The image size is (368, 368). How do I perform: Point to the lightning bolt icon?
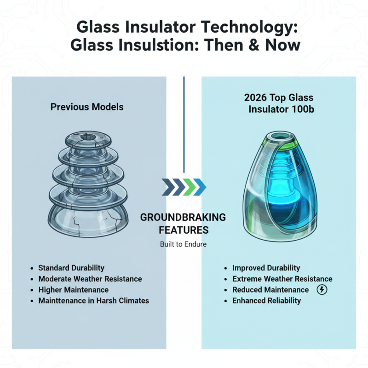(322, 290)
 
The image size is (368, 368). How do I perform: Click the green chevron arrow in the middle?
(189, 188)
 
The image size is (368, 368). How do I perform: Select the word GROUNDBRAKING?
(183, 217)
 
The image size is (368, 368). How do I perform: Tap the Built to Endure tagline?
(183, 244)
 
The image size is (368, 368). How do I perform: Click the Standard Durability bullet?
(71, 268)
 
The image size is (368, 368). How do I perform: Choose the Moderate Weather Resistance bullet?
(90, 279)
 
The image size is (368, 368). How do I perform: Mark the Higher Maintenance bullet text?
(74, 290)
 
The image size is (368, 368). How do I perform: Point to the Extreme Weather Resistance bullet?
(282, 279)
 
